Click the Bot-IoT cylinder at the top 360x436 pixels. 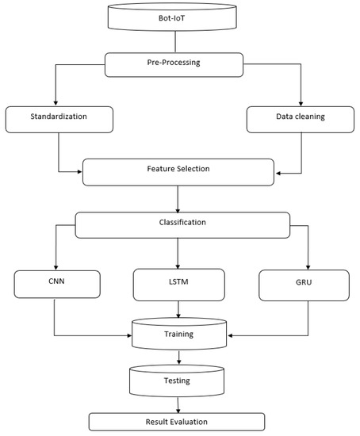point(180,17)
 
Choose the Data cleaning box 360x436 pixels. point(297,119)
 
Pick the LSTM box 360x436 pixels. point(178,284)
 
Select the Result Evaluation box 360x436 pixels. point(177,422)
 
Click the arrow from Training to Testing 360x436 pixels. point(178,358)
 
